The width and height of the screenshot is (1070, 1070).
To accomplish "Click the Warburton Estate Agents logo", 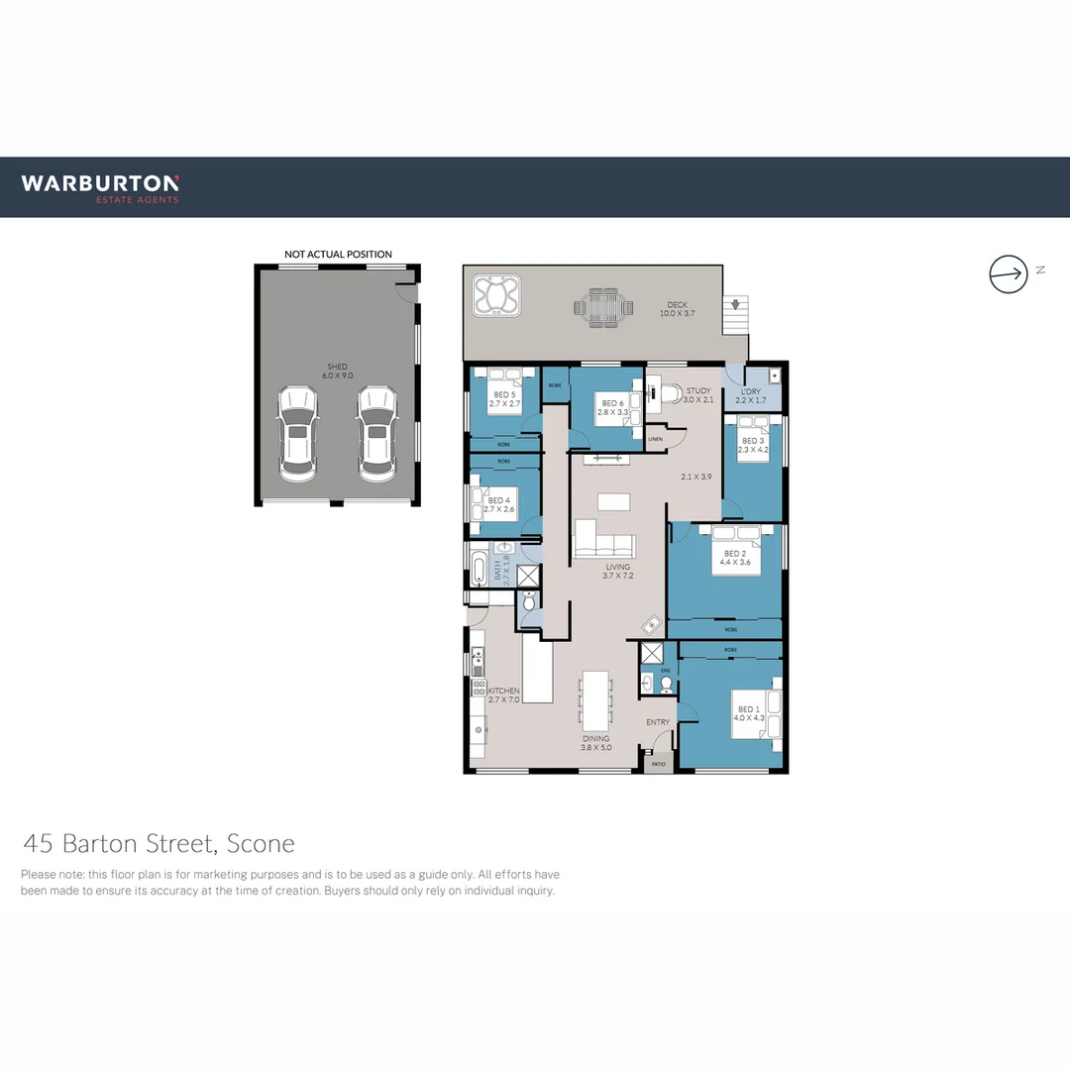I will point(100,187).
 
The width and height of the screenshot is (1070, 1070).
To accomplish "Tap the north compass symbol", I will point(1009,273).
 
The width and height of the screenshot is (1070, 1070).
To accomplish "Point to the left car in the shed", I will point(298,434).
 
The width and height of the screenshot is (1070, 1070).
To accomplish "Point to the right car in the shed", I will point(376,434).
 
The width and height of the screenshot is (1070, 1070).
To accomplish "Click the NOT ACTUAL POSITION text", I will point(338,255).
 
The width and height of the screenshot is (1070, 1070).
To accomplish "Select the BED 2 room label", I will point(734,554).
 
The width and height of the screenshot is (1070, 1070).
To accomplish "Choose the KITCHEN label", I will point(503,691).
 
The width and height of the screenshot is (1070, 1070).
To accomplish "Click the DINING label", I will point(595,738).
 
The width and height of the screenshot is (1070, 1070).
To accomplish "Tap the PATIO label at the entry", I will point(658,765).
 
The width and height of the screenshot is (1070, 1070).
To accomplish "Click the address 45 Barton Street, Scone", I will point(159,844).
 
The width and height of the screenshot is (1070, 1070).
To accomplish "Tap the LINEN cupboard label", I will point(655,438).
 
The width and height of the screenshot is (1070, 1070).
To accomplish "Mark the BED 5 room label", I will point(505,394).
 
